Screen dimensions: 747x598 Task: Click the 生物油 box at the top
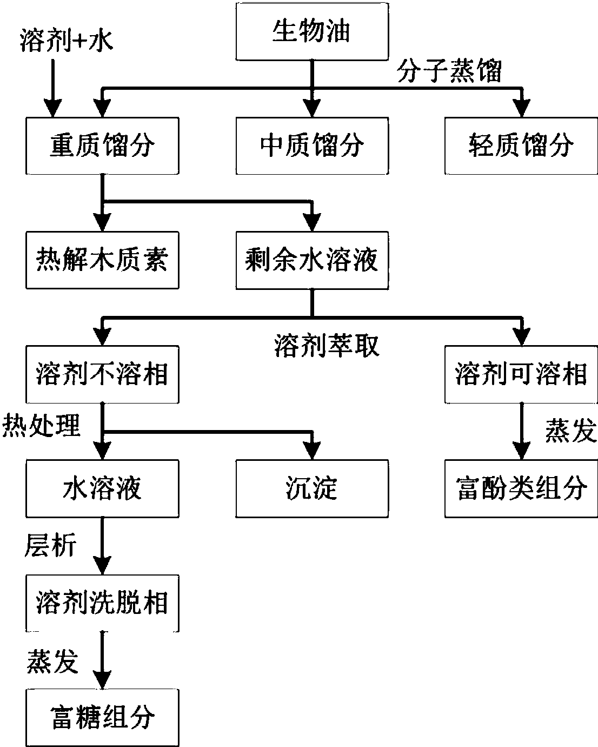click(311, 32)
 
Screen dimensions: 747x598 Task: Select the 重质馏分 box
click(102, 146)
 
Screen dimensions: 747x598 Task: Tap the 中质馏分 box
click(311, 146)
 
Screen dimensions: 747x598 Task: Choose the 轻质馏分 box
click(521, 146)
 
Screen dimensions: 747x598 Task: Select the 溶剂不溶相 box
click(102, 375)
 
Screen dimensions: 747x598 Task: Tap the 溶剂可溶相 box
click(521, 375)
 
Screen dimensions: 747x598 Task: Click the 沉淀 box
click(311, 489)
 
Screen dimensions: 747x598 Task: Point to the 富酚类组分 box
click(521, 489)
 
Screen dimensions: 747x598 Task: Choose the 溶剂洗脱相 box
click(102, 604)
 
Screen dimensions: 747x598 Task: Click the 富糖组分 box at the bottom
click(102, 718)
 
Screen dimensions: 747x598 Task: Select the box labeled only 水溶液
click(102, 489)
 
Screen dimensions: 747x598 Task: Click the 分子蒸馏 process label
click(449, 71)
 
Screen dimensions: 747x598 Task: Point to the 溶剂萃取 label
click(327, 346)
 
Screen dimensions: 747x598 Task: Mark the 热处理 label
click(42, 426)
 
